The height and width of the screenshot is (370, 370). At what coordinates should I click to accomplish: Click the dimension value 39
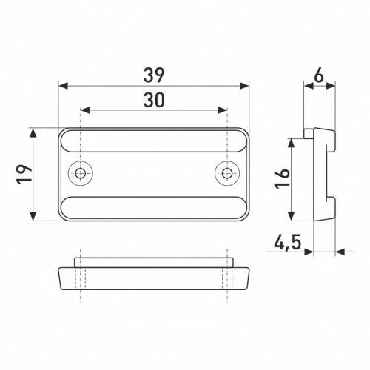[154, 75]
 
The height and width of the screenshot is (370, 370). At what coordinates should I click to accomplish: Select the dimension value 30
[154, 100]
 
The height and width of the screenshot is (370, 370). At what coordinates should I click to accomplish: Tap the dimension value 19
[24, 175]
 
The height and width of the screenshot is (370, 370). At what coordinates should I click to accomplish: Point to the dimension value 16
[282, 178]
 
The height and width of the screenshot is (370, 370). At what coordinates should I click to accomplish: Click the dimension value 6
[319, 75]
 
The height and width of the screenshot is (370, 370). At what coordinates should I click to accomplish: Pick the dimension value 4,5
[288, 242]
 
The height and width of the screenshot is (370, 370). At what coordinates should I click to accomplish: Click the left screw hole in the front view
[81, 173]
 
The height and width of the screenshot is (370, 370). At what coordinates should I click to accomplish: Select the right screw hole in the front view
[227, 173]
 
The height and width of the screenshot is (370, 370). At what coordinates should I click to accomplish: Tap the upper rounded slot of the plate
[154, 141]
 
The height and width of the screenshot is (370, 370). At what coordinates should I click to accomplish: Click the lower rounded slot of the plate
[154, 207]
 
